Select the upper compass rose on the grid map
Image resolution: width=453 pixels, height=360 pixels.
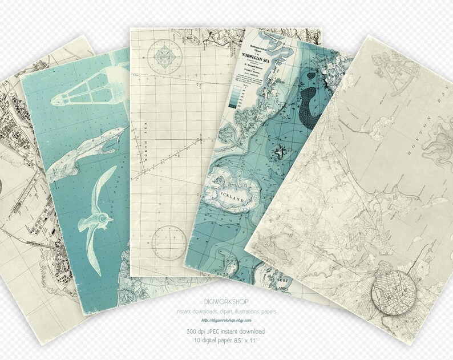point(165,55)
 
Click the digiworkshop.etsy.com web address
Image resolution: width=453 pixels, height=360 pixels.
point(226,321)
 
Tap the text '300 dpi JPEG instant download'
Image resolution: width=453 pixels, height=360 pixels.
point(226,331)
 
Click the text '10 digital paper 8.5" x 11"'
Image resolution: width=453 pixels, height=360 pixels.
point(226,341)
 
